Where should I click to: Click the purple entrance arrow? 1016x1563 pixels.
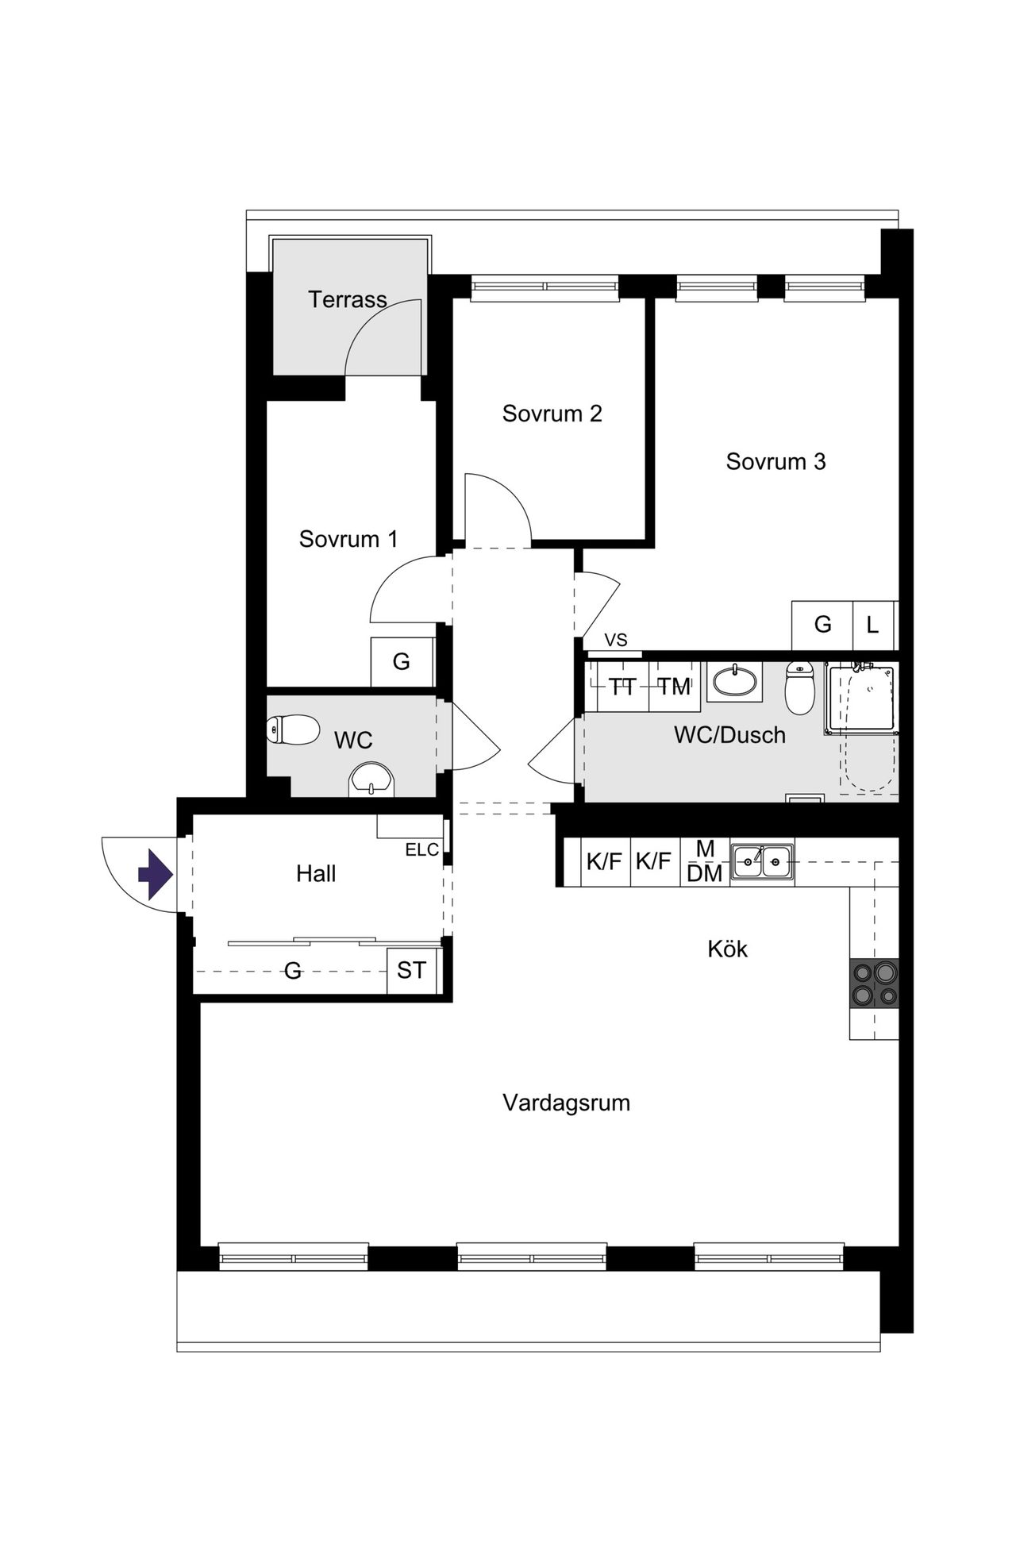click(x=156, y=874)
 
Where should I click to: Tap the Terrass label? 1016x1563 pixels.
click(x=348, y=299)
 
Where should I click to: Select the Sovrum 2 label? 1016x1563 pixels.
click(x=552, y=414)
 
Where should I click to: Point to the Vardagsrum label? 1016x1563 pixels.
click(x=566, y=1103)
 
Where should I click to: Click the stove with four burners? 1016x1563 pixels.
click(x=874, y=984)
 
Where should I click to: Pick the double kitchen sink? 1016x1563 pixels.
click(x=762, y=860)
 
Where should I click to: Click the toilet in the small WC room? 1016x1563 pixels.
click(x=293, y=730)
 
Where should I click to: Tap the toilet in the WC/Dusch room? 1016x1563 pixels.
click(x=799, y=687)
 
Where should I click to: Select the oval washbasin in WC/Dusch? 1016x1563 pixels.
click(x=735, y=681)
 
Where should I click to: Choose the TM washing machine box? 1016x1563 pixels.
click(x=675, y=687)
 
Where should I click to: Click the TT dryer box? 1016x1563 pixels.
click(x=622, y=687)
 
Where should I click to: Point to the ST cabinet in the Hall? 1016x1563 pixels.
click(x=411, y=970)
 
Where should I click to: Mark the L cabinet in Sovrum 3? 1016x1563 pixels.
click(x=873, y=625)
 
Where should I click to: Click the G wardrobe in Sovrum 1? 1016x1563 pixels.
click(x=402, y=662)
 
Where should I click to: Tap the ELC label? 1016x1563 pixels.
click(x=421, y=850)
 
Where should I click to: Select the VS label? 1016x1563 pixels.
click(x=616, y=641)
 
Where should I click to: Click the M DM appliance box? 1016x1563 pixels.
click(x=705, y=861)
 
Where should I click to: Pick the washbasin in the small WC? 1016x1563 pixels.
click(x=371, y=779)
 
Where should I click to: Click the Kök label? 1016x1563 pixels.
click(x=727, y=949)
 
